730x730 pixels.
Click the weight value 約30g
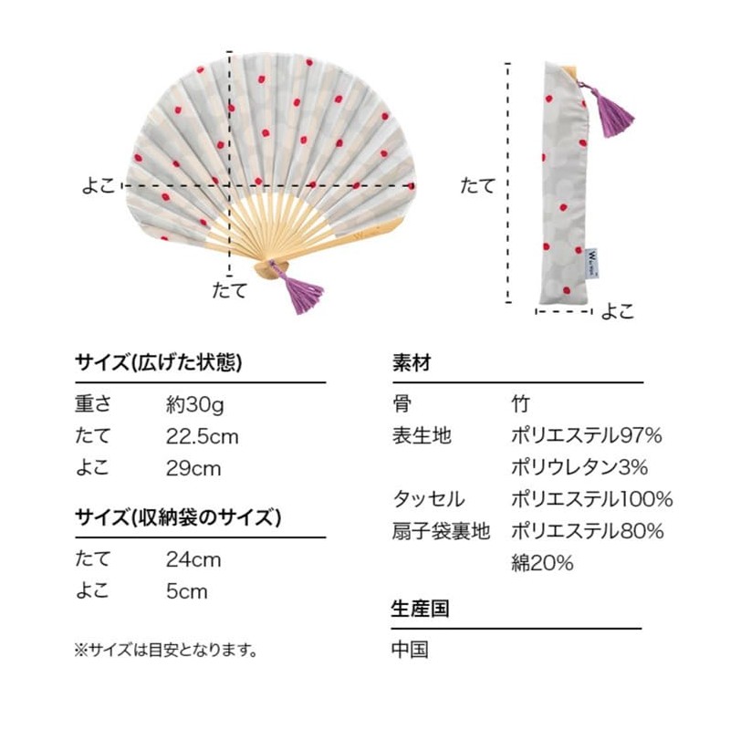pyautogui.click(x=195, y=404)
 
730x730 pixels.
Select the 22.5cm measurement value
pyautogui.click(x=202, y=437)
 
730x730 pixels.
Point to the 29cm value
pyautogui.click(x=193, y=469)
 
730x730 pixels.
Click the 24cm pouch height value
pyautogui.click(x=193, y=560)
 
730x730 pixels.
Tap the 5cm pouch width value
pyautogui.click(x=187, y=591)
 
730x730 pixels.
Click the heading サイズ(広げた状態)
pyautogui.click(x=158, y=362)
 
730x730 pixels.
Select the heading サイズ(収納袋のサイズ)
pyautogui.click(x=178, y=517)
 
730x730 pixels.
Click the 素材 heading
pyautogui.click(x=412, y=362)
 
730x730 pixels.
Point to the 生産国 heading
pyautogui.click(x=420, y=608)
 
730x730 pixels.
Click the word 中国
pyautogui.click(x=410, y=650)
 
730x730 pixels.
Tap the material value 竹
pyautogui.click(x=520, y=404)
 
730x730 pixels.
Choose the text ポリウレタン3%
pyautogui.click(x=579, y=467)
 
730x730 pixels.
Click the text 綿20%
pyautogui.click(x=542, y=563)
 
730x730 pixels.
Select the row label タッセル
pyautogui.click(x=429, y=499)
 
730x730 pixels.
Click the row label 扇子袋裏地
pyautogui.click(x=441, y=531)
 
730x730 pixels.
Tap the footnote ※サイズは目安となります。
pyautogui.click(x=166, y=650)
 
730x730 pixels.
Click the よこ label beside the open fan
pyautogui.click(x=99, y=186)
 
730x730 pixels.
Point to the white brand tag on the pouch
pyautogui.click(x=594, y=264)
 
